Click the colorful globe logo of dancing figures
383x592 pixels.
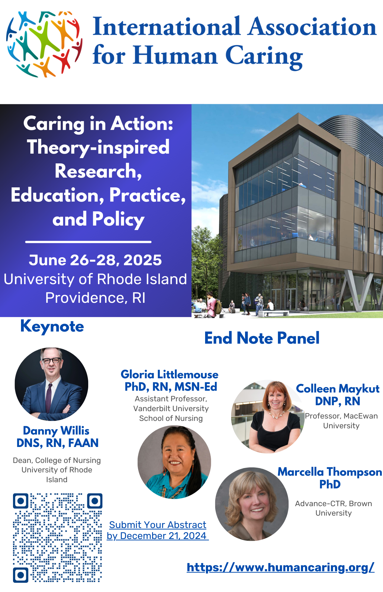(44, 44)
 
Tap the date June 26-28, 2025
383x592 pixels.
(95, 260)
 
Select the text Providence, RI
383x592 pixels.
(95, 298)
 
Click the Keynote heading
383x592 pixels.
(52, 327)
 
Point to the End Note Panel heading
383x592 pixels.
(262, 338)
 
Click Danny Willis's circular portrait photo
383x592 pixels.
(52, 384)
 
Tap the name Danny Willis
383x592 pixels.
(56, 431)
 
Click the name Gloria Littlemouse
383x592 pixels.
(170, 374)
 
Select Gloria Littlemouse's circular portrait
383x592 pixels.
(174, 462)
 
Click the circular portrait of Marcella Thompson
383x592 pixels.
(252, 504)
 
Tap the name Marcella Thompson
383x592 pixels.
(330, 472)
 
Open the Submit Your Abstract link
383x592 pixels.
(158, 530)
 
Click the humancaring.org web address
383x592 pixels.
(281, 567)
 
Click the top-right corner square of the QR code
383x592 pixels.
(95, 501)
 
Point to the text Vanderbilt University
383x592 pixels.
(171, 408)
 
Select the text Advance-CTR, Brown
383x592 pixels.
(334, 503)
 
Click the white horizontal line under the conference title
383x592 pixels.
(88, 242)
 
